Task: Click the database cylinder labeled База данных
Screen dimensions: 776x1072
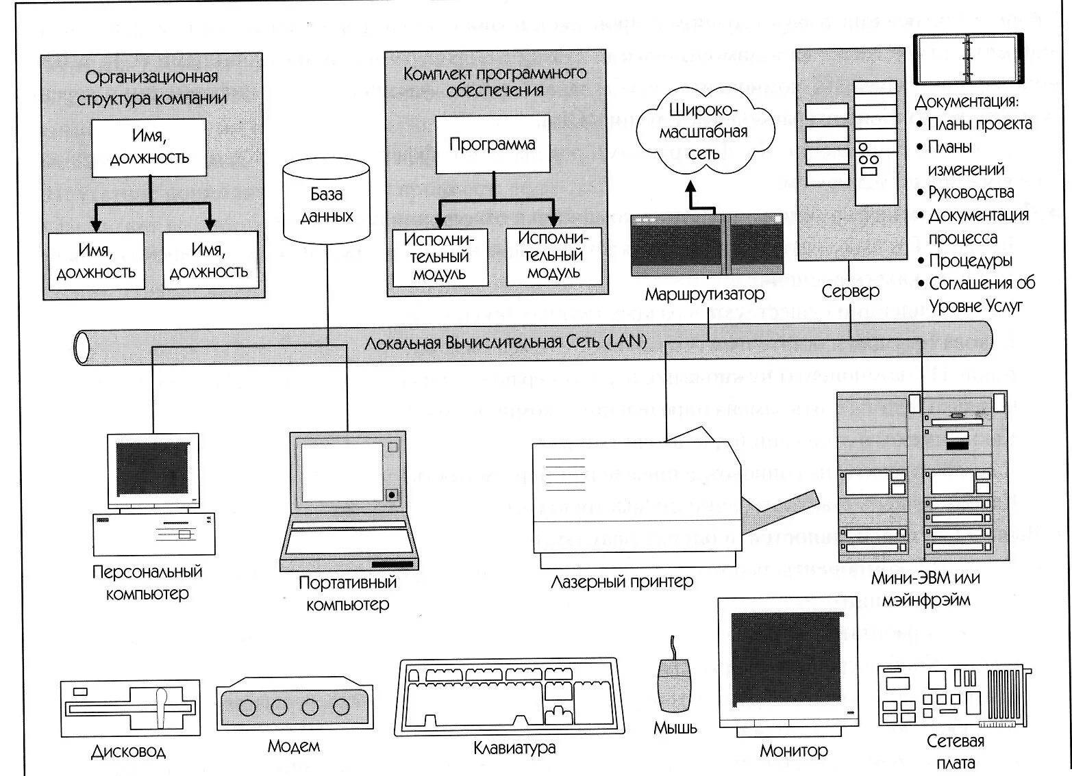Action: tap(327, 203)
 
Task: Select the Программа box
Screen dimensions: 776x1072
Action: tap(493, 144)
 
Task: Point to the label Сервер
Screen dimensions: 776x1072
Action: tap(850, 292)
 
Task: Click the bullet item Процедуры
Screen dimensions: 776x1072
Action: tap(971, 261)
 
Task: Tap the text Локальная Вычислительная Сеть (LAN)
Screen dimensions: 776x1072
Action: tap(506, 342)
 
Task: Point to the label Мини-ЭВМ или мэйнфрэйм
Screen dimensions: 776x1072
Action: tap(925, 589)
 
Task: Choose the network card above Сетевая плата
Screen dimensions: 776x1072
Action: tap(953, 696)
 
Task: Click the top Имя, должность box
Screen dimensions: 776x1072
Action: tap(149, 147)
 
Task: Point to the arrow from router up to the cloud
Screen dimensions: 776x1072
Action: tap(692, 196)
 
